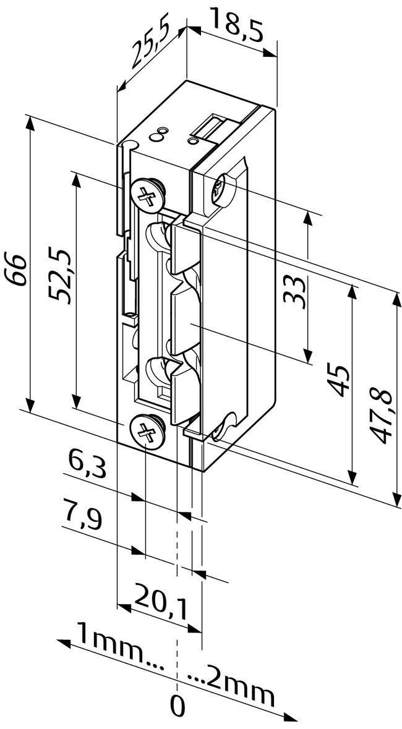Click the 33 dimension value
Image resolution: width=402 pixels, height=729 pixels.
(296, 290)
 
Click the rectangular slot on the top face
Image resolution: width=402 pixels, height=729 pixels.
(209, 127)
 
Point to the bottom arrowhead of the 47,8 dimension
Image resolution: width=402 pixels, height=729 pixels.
(394, 499)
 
